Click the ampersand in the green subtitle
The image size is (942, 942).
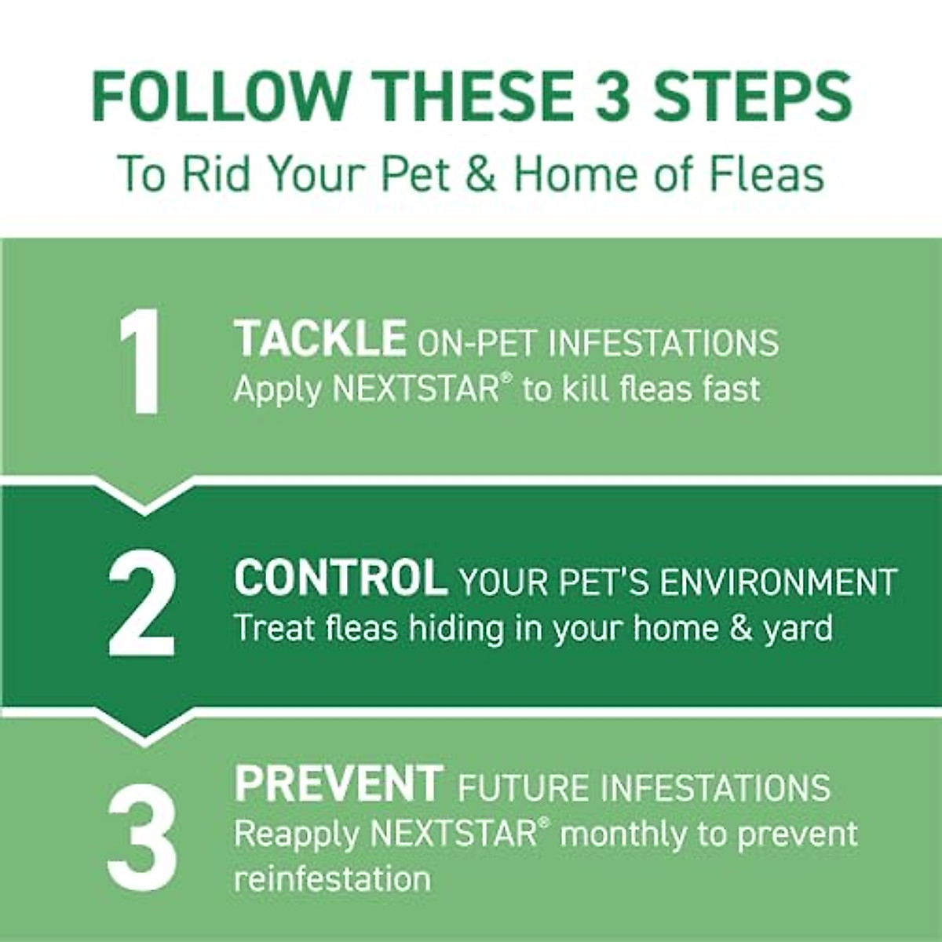pos(480,174)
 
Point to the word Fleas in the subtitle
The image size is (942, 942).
pos(766,174)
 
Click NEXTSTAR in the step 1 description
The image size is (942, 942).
pos(415,389)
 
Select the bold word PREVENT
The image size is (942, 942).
pos(338,783)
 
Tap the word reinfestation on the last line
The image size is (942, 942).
pos(332,880)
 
